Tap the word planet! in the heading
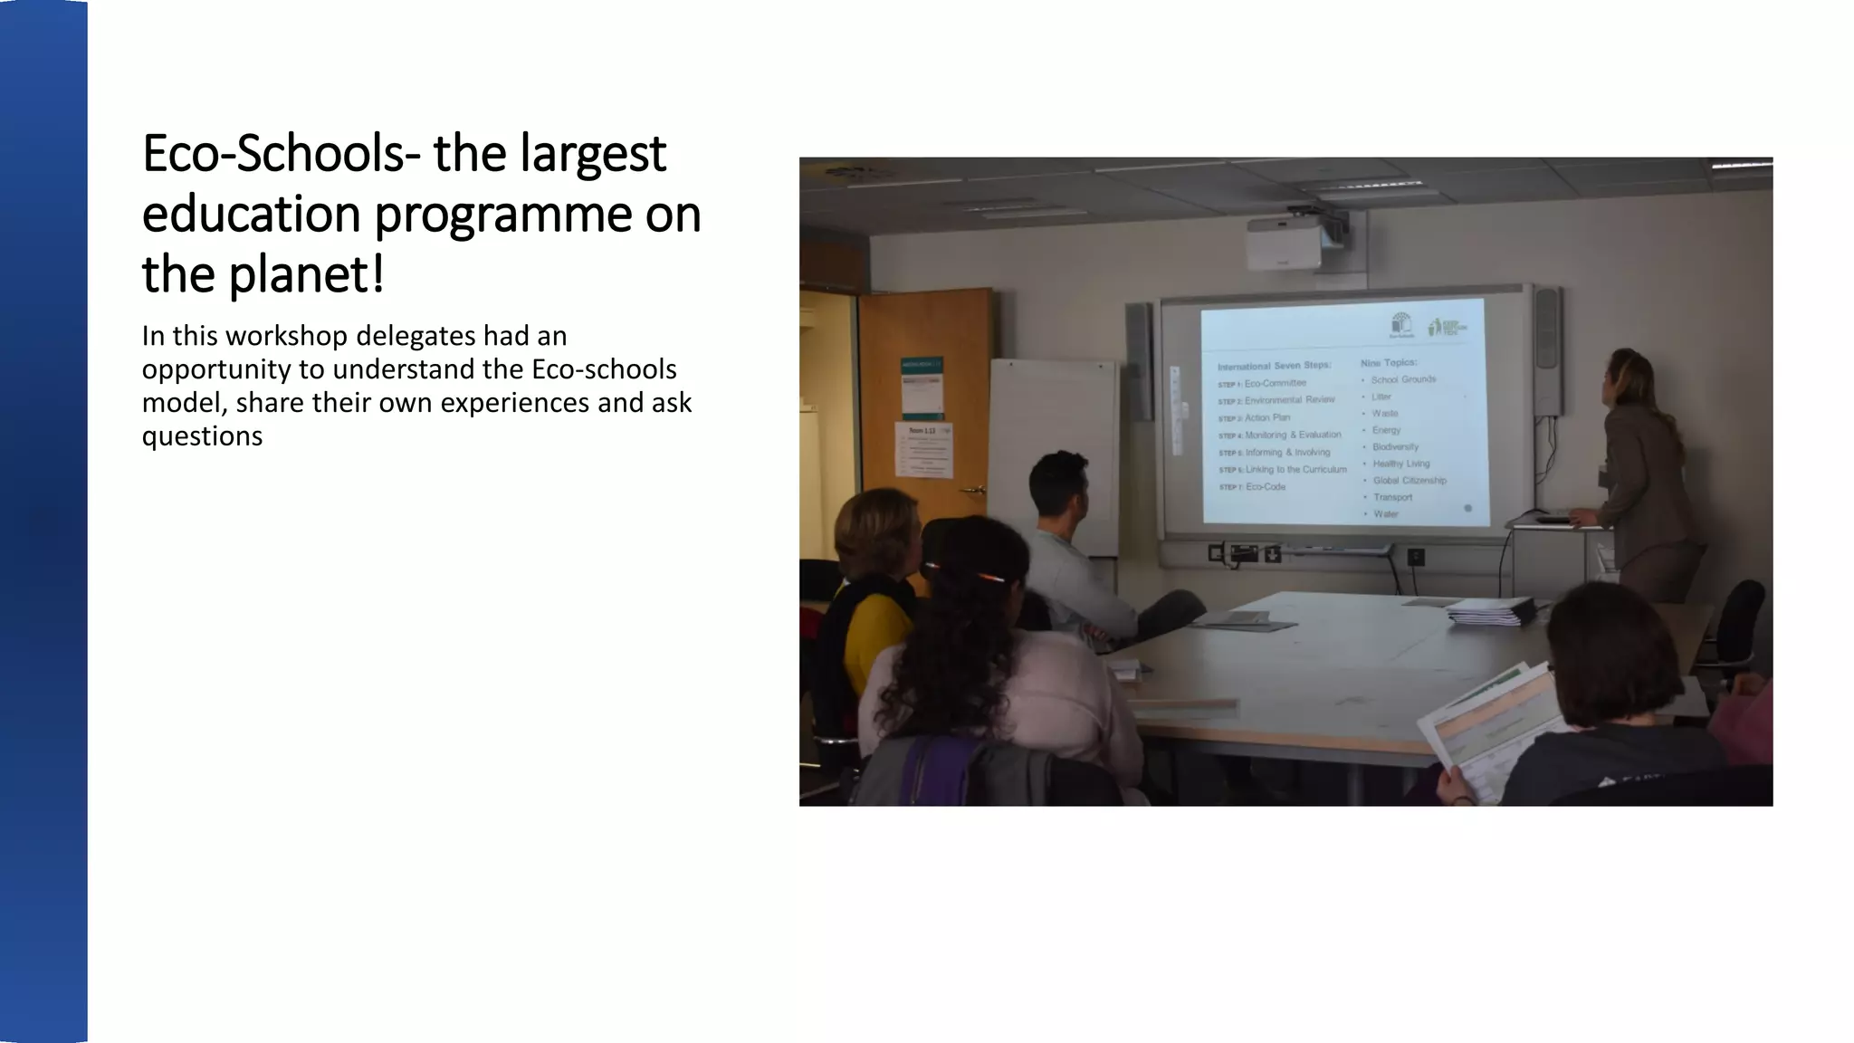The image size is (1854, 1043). click(x=306, y=275)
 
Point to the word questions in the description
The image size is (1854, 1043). click(x=202, y=436)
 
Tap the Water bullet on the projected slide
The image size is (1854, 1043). click(x=1386, y=514)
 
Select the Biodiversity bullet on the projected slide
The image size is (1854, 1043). click(x=1395, y=447)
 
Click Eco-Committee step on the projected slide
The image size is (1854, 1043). click(x=1275, y=383)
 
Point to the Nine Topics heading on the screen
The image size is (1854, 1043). click(x=1389, y=363)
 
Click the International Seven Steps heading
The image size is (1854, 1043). click(x=1274, y=366)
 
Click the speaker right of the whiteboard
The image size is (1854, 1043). click(x=1547, y=349)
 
